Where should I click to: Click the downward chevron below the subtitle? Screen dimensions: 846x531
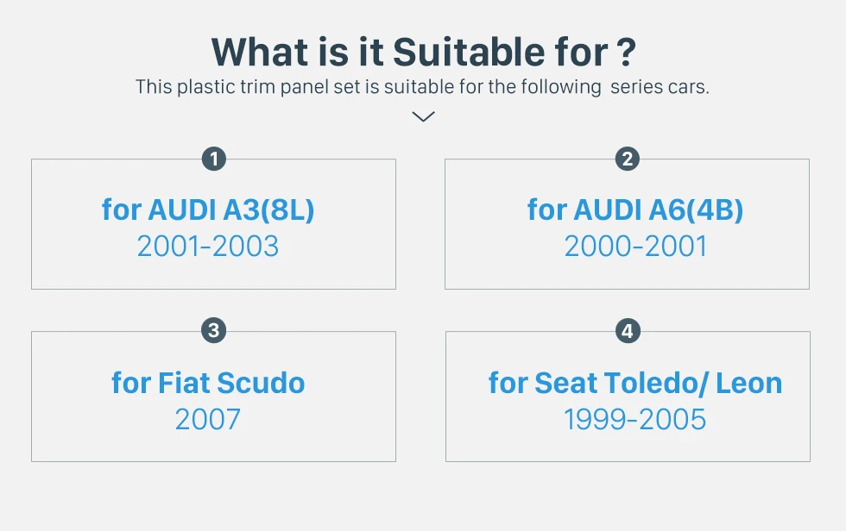click(423, 116)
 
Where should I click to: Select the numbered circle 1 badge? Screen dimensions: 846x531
click(214, 159)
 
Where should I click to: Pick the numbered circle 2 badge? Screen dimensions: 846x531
click(627, 159)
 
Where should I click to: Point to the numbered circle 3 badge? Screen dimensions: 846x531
click(214, 330)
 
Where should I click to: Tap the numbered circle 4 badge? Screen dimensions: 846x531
click(628, 331)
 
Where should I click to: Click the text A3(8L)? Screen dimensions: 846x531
click(268, 209)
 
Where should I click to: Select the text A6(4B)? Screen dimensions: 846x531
click(696, 209)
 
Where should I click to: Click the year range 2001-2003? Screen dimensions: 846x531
click(208, 247)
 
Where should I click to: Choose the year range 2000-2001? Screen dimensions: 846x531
click(635, 247)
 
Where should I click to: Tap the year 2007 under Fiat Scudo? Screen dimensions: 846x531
click(208, 419)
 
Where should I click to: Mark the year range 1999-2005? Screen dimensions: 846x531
click(634, 419)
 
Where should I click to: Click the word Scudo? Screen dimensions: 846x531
click(261, 383)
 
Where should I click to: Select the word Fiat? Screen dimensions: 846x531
click(183, 383)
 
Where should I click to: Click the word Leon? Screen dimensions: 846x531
click(749, 383)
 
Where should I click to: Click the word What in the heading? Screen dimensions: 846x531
click(262, 53)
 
